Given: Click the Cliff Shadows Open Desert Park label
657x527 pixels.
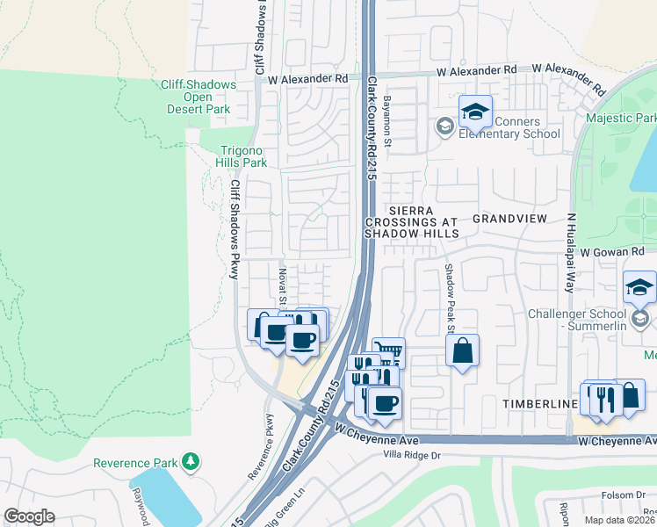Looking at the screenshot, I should pos(198,97).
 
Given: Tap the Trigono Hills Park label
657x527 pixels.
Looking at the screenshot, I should pos(242,156).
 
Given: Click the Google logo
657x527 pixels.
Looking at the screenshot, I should pos(29,516).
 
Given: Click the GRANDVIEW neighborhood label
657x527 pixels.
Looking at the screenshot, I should pos(509,218).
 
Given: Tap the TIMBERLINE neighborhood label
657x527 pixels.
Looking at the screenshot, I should pos(538,403).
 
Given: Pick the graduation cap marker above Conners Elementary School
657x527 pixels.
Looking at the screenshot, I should pos(474,112).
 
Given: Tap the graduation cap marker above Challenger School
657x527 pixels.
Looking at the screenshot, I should pos(639,287).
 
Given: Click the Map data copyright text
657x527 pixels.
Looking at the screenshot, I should pos(620,520).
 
